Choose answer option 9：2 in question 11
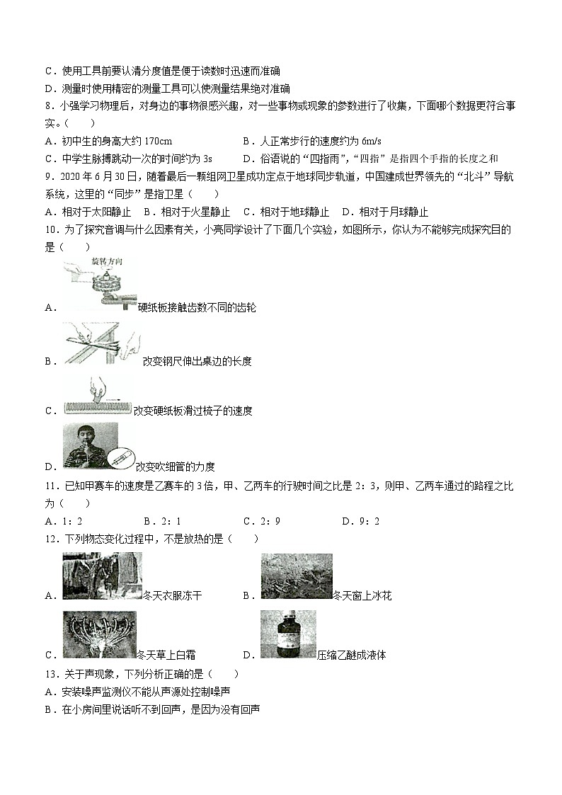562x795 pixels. pyautogui.click(x=370, y=521)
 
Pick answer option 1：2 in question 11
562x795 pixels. pyautogui.click(x=72, y=521)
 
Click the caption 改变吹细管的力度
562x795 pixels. pyautogui.click(x=175, y=466)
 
